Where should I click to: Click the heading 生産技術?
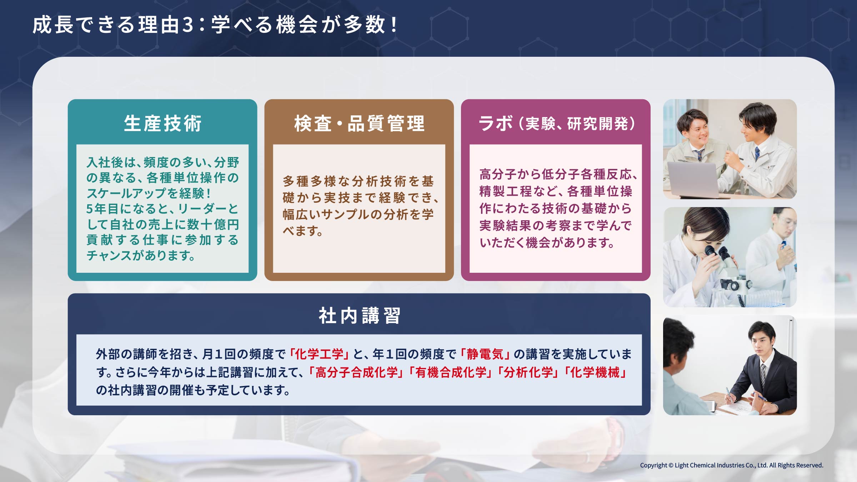[x=162, y=124]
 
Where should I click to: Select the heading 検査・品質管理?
[x=359, y=124]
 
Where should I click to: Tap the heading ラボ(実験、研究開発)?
[x=556, y=124]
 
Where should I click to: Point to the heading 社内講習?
[x=359, y=316]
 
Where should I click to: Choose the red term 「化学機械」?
[x=595, y=372]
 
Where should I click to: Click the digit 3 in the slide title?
[x=188, y=25]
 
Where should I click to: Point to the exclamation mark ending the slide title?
[x=394, y=25]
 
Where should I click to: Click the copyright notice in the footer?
[x=731, y=465]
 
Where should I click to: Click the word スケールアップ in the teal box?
[x=132, y=193]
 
